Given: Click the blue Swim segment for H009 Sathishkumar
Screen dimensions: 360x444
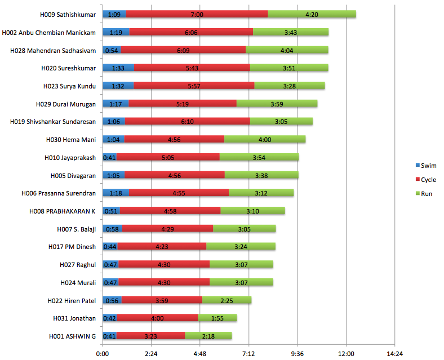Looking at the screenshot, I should point(114,14).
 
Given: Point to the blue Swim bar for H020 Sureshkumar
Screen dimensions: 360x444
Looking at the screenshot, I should point(118,68).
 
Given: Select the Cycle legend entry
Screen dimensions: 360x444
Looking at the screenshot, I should point(427,180).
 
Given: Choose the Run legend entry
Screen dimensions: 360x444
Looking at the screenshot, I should point(425,194).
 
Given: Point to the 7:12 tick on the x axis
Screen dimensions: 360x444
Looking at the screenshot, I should point(248,353).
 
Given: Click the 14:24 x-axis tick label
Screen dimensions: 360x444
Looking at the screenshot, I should point(394,353).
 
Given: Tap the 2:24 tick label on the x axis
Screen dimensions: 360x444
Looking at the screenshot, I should point(151,353).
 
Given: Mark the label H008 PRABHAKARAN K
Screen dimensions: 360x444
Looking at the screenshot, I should point(63,211).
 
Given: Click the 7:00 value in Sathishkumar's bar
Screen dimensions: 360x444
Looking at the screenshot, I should point(197,14).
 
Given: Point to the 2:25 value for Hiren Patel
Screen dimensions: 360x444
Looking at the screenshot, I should point(227,300).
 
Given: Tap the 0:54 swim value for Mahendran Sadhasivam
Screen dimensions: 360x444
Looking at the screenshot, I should point(112,50).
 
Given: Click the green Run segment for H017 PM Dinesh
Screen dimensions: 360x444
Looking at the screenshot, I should point(241,246).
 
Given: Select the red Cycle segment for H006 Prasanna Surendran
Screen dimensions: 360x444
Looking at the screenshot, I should point(179,193).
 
